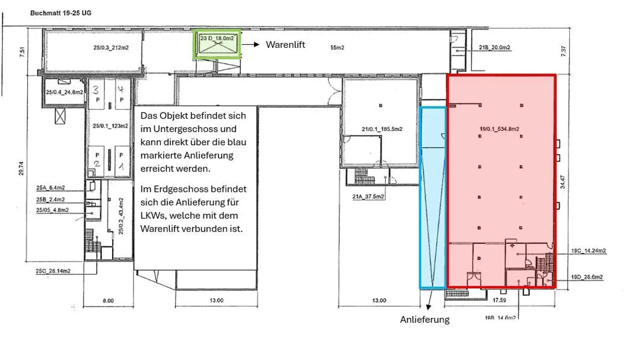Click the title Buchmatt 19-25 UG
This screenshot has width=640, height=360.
click(61, 13)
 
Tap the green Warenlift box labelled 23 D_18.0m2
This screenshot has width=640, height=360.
click(217, 44)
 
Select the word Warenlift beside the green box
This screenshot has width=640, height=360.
click(285, 44)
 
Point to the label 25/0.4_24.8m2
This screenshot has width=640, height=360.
click(65, 92)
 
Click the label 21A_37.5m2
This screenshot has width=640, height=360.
click(369, 196)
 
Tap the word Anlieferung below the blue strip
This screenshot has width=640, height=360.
click(424, 320)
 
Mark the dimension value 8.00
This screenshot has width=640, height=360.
click(108, 300)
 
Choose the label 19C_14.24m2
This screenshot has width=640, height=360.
click(588, 251)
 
